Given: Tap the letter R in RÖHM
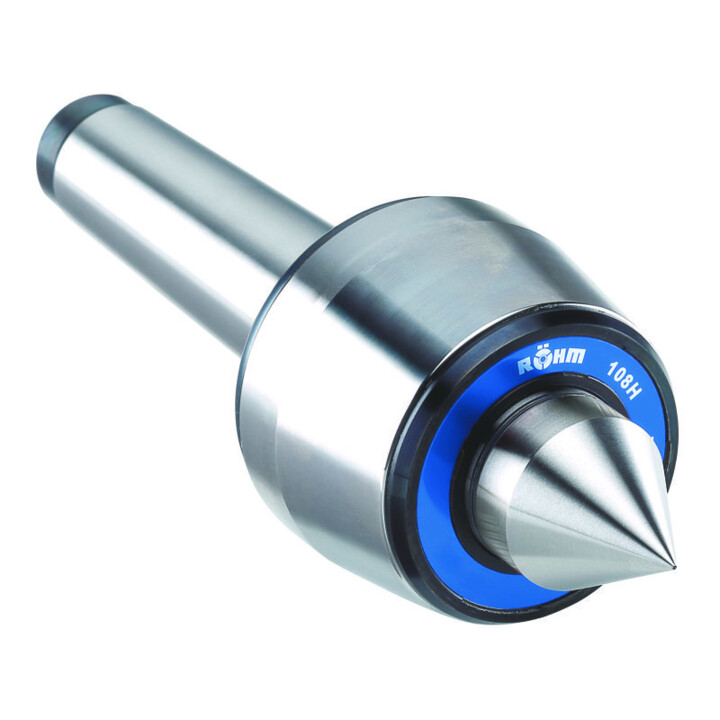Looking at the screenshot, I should click(523, 367).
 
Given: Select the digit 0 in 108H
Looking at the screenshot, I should click(619, 367).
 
